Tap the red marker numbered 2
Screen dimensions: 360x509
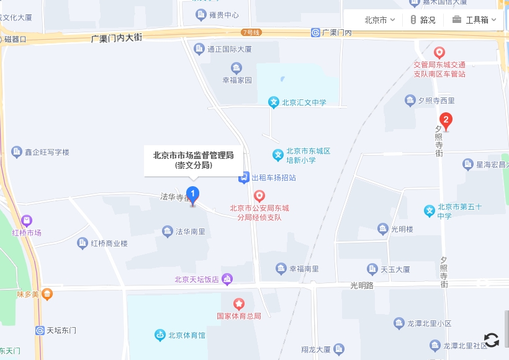(x=445, y=120)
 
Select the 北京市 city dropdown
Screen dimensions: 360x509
(x=379, y=20)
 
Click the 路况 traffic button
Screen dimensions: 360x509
(x=423, y=20)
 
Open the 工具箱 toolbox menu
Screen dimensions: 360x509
(x=474, y=20)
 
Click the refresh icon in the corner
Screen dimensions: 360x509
(x=491, y=340)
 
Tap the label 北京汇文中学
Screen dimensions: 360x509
(x=304, y=102)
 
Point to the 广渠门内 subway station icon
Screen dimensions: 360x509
(x=316, y=32)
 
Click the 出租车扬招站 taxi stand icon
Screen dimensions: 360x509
(x=244, y=178)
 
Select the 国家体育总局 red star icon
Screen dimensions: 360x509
(x=239, y=304)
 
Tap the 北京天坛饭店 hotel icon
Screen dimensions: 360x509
(x=227, y=280)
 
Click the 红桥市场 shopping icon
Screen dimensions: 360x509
(x=27, y=221)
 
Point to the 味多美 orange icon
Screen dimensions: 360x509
(x=47, y=294)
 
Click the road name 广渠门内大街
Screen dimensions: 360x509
(x=117, y=38)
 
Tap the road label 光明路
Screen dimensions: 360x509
(x=362, y=286)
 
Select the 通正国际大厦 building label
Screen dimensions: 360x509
(x=229, y=49)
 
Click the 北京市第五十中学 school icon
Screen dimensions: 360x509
(x=429, y=211)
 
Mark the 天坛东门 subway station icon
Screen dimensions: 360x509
(x=40, y=331)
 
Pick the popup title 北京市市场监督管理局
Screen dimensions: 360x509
(x=193, y=155)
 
